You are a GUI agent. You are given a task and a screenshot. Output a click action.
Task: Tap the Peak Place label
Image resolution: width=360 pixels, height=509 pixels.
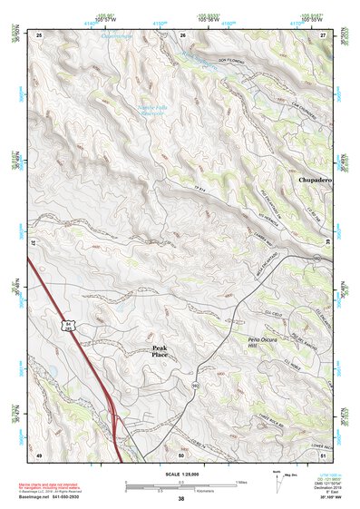(x=160, y=352)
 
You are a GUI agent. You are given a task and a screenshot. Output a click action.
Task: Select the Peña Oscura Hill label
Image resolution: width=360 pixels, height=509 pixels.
(x=242, y=343)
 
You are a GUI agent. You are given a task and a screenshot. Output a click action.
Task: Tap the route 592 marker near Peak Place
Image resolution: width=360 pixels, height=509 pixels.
(x=194, y=385)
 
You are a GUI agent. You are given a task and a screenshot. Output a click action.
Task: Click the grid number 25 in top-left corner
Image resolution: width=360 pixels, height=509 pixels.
(x=39, y=34)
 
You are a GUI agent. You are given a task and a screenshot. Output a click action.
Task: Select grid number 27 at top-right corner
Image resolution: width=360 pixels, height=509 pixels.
(x=323, y=34)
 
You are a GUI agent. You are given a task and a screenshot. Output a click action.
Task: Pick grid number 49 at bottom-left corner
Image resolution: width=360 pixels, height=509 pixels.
(x=39, y=454)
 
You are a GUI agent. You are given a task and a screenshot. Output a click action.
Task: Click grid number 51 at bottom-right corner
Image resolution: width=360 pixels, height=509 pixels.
(x=323, y=454)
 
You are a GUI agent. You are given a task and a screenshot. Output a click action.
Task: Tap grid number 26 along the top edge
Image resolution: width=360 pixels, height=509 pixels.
(x=182, y=34)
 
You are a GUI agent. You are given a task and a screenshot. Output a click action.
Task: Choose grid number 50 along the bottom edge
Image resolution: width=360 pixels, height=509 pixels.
(x=180, y=454)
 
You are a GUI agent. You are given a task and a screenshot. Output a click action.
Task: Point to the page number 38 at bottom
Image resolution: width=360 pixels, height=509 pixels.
(x=180, y=499)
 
